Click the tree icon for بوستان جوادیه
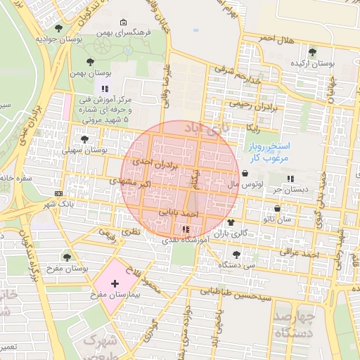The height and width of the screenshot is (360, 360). pyautogui.click(x=58, y=28)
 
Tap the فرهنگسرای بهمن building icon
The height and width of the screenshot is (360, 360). pyautogui.click(x=124, y=22)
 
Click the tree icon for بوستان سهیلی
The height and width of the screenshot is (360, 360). pyautogui.click(x=85, y=139)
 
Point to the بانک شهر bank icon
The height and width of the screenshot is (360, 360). pyautogui.click(x=58, y=194)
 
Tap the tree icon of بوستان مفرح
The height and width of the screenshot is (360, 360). pyautogui.click(x=67, y=257)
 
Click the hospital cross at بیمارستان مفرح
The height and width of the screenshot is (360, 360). pyautogui.click(x=115, y=283)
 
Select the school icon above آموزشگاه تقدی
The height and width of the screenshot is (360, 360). pyautogui.click(x=185, y=229)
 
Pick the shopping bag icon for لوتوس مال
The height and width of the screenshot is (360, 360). pyautogui.click(x=244, y=173)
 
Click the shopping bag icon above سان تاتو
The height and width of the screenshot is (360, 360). pyautogui.click(x=277, y=209)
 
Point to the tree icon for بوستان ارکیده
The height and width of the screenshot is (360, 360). pyautogui.click(x=312, y=51)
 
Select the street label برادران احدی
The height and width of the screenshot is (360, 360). pyautogui.click(x=152, y=162)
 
